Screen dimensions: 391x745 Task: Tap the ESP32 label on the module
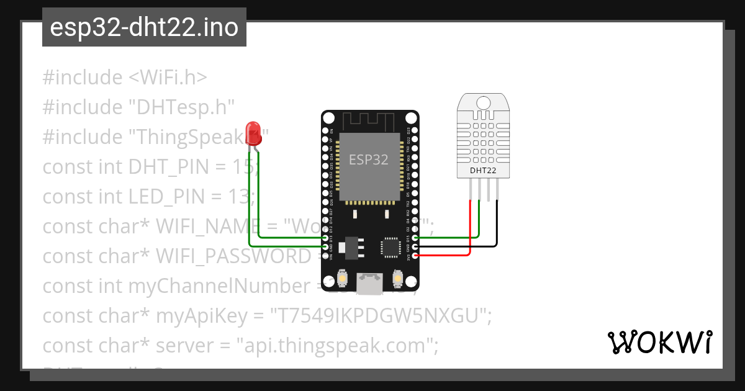[369, 160]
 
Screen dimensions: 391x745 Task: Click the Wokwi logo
[659, 342]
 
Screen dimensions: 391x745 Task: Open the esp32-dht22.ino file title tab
[144, 27]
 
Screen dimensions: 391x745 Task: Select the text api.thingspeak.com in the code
[335, 346]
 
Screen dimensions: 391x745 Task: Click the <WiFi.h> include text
[168, 78]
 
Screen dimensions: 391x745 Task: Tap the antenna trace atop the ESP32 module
[369, 120]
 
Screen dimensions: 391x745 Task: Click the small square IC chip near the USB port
[391, 246]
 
